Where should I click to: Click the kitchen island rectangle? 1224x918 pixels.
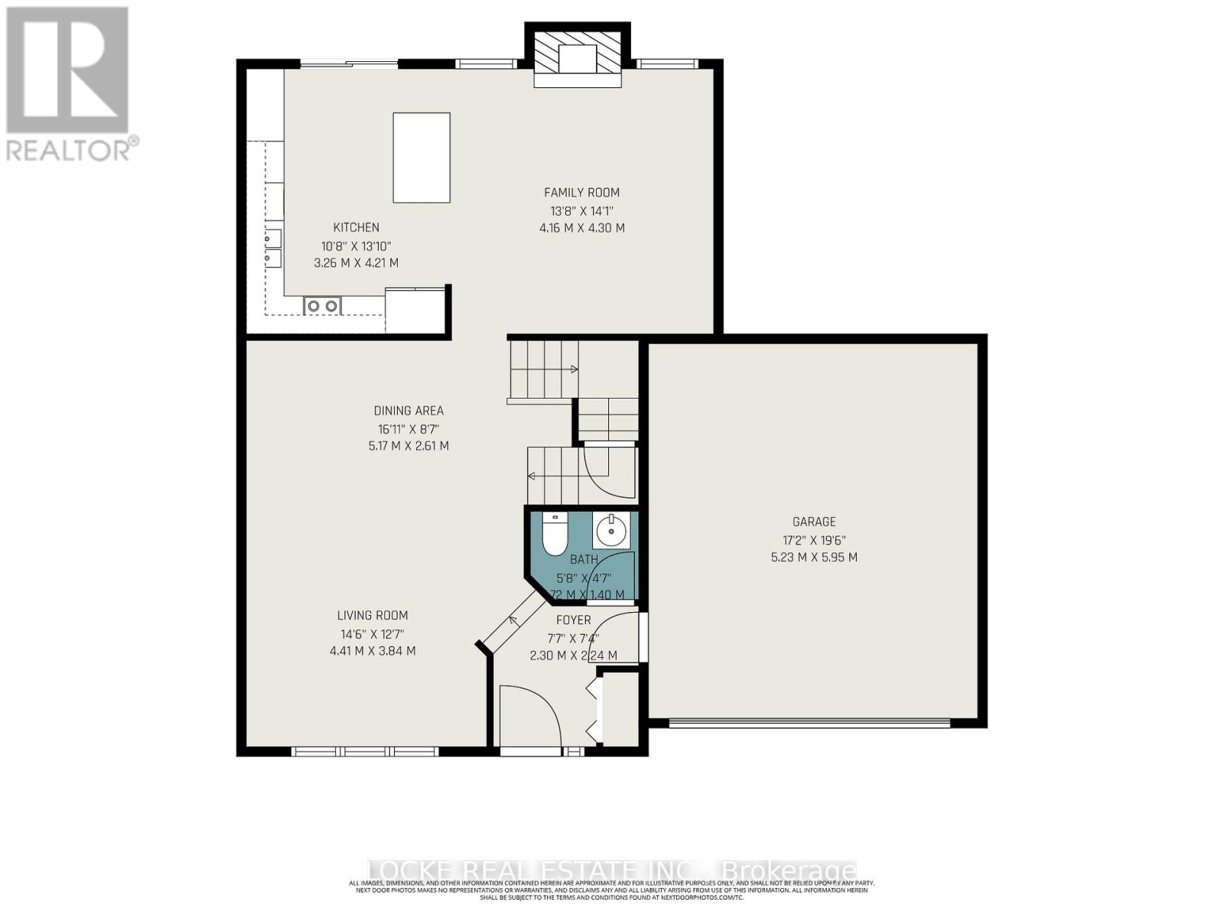tap(422, 158)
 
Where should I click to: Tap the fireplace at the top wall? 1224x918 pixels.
tap(578, 55)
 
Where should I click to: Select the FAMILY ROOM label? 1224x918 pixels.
tap(581, 193)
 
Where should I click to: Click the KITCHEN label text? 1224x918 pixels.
tap(356, 227)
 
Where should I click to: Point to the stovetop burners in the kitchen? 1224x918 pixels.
tap(322, 306)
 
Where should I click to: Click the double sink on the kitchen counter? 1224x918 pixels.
tap(273, 248)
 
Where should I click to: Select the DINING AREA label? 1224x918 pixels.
tap(409, 411)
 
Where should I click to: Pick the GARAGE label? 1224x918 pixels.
tap(814, 522)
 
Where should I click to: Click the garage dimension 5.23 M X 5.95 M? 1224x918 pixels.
tap(814, 558)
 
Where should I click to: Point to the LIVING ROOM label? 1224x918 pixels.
tap(373, 615)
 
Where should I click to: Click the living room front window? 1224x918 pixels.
tap(366, 751)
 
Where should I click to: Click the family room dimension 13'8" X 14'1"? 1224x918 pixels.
tap(581, 210)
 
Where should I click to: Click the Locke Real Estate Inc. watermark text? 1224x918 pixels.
tap(612, 871)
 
